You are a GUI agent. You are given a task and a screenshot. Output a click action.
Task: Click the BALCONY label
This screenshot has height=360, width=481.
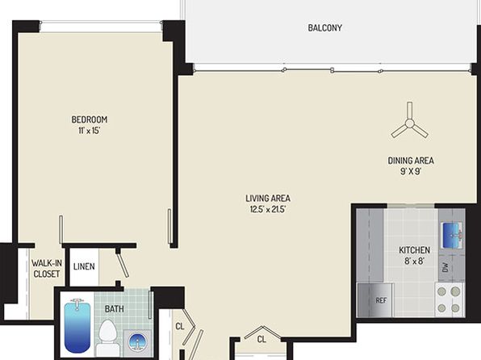point(324,28)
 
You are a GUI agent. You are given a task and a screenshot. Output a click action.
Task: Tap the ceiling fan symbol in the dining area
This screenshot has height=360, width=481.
point(409,123)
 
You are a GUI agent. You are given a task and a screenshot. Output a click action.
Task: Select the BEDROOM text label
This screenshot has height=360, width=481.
point(90,119)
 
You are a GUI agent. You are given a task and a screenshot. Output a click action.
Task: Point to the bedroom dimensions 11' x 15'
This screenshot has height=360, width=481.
point(90,131)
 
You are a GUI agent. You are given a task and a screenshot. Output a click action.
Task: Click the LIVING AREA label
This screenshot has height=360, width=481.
point(268,199)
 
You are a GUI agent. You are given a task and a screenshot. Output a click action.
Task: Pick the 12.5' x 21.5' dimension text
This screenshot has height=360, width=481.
point(268,210)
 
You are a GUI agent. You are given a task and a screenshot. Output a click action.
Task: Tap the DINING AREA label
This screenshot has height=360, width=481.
point(411,161)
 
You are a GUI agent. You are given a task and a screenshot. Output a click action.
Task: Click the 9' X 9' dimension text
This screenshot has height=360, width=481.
point(411,171)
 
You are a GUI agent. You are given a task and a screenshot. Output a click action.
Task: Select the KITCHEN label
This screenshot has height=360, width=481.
point(414,250)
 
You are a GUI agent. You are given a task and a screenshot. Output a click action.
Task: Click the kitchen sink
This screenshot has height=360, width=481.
point(452,236)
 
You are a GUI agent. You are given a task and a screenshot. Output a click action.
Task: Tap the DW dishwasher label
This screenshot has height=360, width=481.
point(445,268)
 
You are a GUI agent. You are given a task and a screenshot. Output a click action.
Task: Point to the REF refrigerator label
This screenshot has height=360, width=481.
point(381,300)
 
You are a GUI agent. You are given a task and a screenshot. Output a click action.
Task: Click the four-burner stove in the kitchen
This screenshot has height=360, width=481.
point(449,299)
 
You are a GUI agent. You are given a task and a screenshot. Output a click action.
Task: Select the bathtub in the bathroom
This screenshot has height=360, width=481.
point(77,325)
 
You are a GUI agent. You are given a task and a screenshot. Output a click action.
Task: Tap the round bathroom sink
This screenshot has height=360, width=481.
point(137,341)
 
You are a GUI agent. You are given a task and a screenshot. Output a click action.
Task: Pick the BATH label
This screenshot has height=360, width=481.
point(115,309)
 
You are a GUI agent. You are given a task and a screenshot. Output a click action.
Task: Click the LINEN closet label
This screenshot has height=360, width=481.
point(84,266)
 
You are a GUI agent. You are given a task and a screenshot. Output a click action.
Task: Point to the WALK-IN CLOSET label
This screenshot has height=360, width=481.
point(47,269)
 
